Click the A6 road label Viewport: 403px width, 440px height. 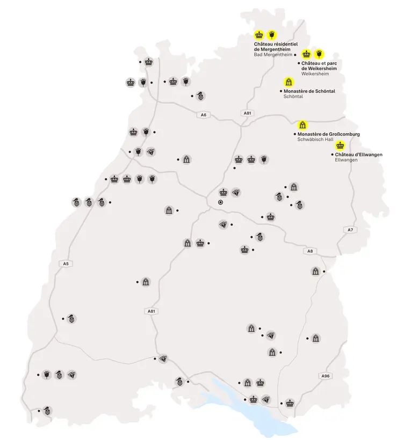click(203, 115)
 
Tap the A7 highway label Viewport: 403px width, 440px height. click(350, 230)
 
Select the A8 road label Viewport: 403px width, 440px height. click(310, 251)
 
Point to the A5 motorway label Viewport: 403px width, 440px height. click(66, 263)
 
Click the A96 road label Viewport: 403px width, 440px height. click(325, 376)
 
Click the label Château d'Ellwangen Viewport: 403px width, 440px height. click(358, 155)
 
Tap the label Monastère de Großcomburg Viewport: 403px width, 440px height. click(328, 134)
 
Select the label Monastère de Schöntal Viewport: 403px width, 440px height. click(309, 91)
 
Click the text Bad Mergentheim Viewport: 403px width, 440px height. click(272, 55)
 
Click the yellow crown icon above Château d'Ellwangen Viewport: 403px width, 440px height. click(340, 145)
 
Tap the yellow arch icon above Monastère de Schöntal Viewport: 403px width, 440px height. click(289, 82)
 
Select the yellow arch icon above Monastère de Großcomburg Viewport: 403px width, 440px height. click(303, 124)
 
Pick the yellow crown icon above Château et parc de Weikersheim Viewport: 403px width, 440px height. click(307, 54)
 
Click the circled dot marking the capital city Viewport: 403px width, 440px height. click(220, 202)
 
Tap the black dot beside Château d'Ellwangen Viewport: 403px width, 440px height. click(332, 155)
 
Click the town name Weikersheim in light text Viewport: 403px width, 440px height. click(315, 74)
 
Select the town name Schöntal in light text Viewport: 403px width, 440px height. click(293, 97)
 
